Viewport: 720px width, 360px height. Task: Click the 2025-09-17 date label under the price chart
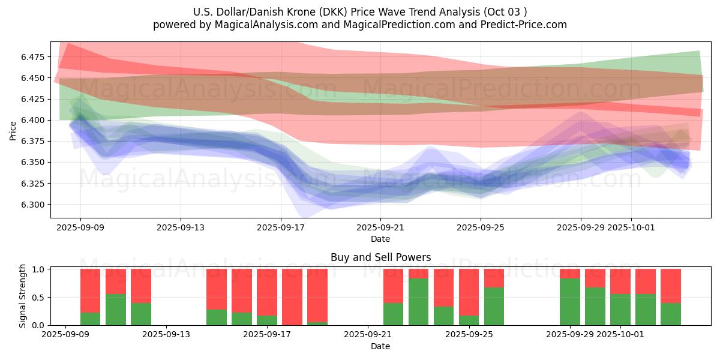[280, 228]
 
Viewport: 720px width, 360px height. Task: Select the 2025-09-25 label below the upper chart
[480, 228]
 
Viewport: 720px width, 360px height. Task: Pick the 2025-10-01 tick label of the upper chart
[631, 228]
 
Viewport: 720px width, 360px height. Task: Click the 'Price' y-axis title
[13, 130]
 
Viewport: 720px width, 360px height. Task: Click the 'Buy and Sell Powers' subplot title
[380, 257]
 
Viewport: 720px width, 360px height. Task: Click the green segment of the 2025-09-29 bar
[570, 302]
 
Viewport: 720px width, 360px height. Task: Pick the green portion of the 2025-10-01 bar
[620, 310]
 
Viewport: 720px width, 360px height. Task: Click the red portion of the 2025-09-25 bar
[469, 292]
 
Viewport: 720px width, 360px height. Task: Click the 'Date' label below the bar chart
[380, 346]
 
